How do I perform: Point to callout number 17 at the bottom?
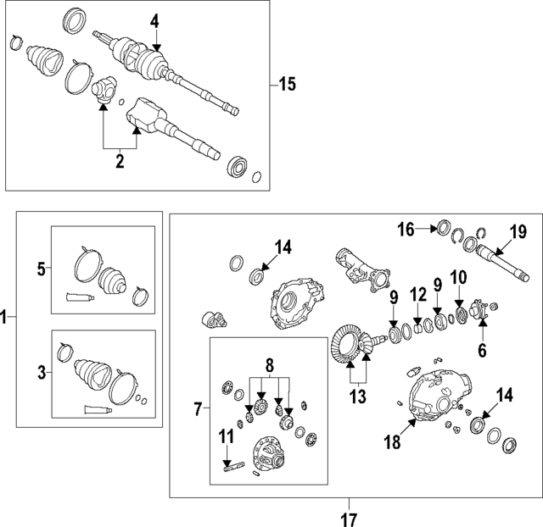[x=349, y=518]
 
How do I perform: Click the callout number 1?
[x=5, y=318]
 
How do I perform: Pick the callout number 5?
[x=40, y=269]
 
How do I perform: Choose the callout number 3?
[x=40, y=370]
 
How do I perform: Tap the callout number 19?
[x=518, y=230]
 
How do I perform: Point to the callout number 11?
[x=227, y=437]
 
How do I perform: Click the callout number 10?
[x=458, y=278]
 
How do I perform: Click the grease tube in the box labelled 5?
[x=77, y=297]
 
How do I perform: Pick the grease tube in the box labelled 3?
[x=95, y=410]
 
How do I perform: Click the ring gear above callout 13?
[x=349, y=346]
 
